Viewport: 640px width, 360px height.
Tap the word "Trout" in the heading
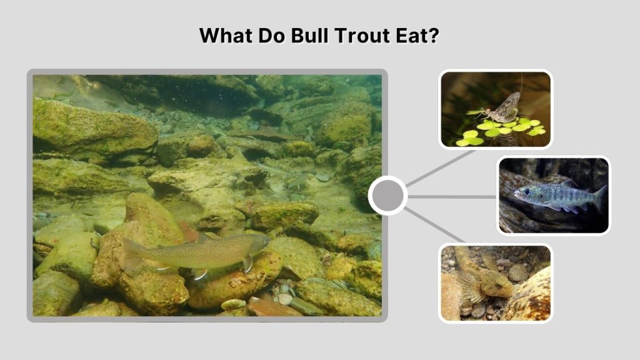point(366,36)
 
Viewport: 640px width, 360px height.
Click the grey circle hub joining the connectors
point(387,196)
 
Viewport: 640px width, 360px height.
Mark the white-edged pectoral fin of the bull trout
point(200,274)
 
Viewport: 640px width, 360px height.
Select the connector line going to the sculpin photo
point(435,226)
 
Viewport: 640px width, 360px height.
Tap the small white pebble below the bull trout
point(233,304)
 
